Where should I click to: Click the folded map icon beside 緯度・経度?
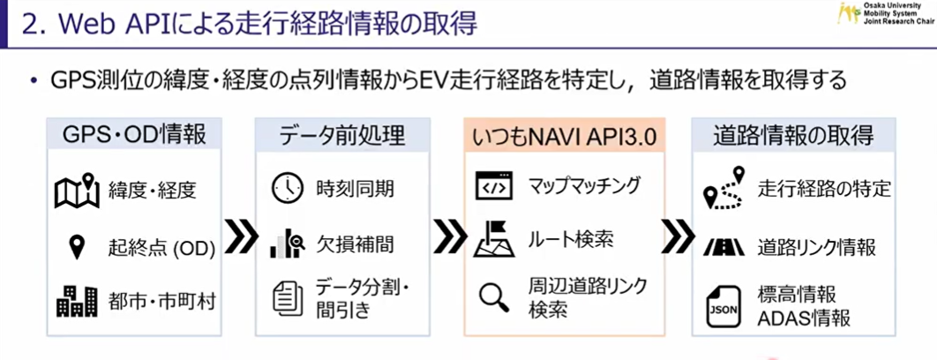pos(77,190)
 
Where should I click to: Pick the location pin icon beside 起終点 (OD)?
pos(77,246)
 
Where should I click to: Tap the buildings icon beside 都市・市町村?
pos(77,301)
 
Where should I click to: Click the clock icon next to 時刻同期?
pos(287,188)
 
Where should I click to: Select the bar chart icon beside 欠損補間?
pos(287,244)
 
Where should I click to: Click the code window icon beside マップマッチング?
pos(494,188)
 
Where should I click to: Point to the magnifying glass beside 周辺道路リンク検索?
pos(494,297)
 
